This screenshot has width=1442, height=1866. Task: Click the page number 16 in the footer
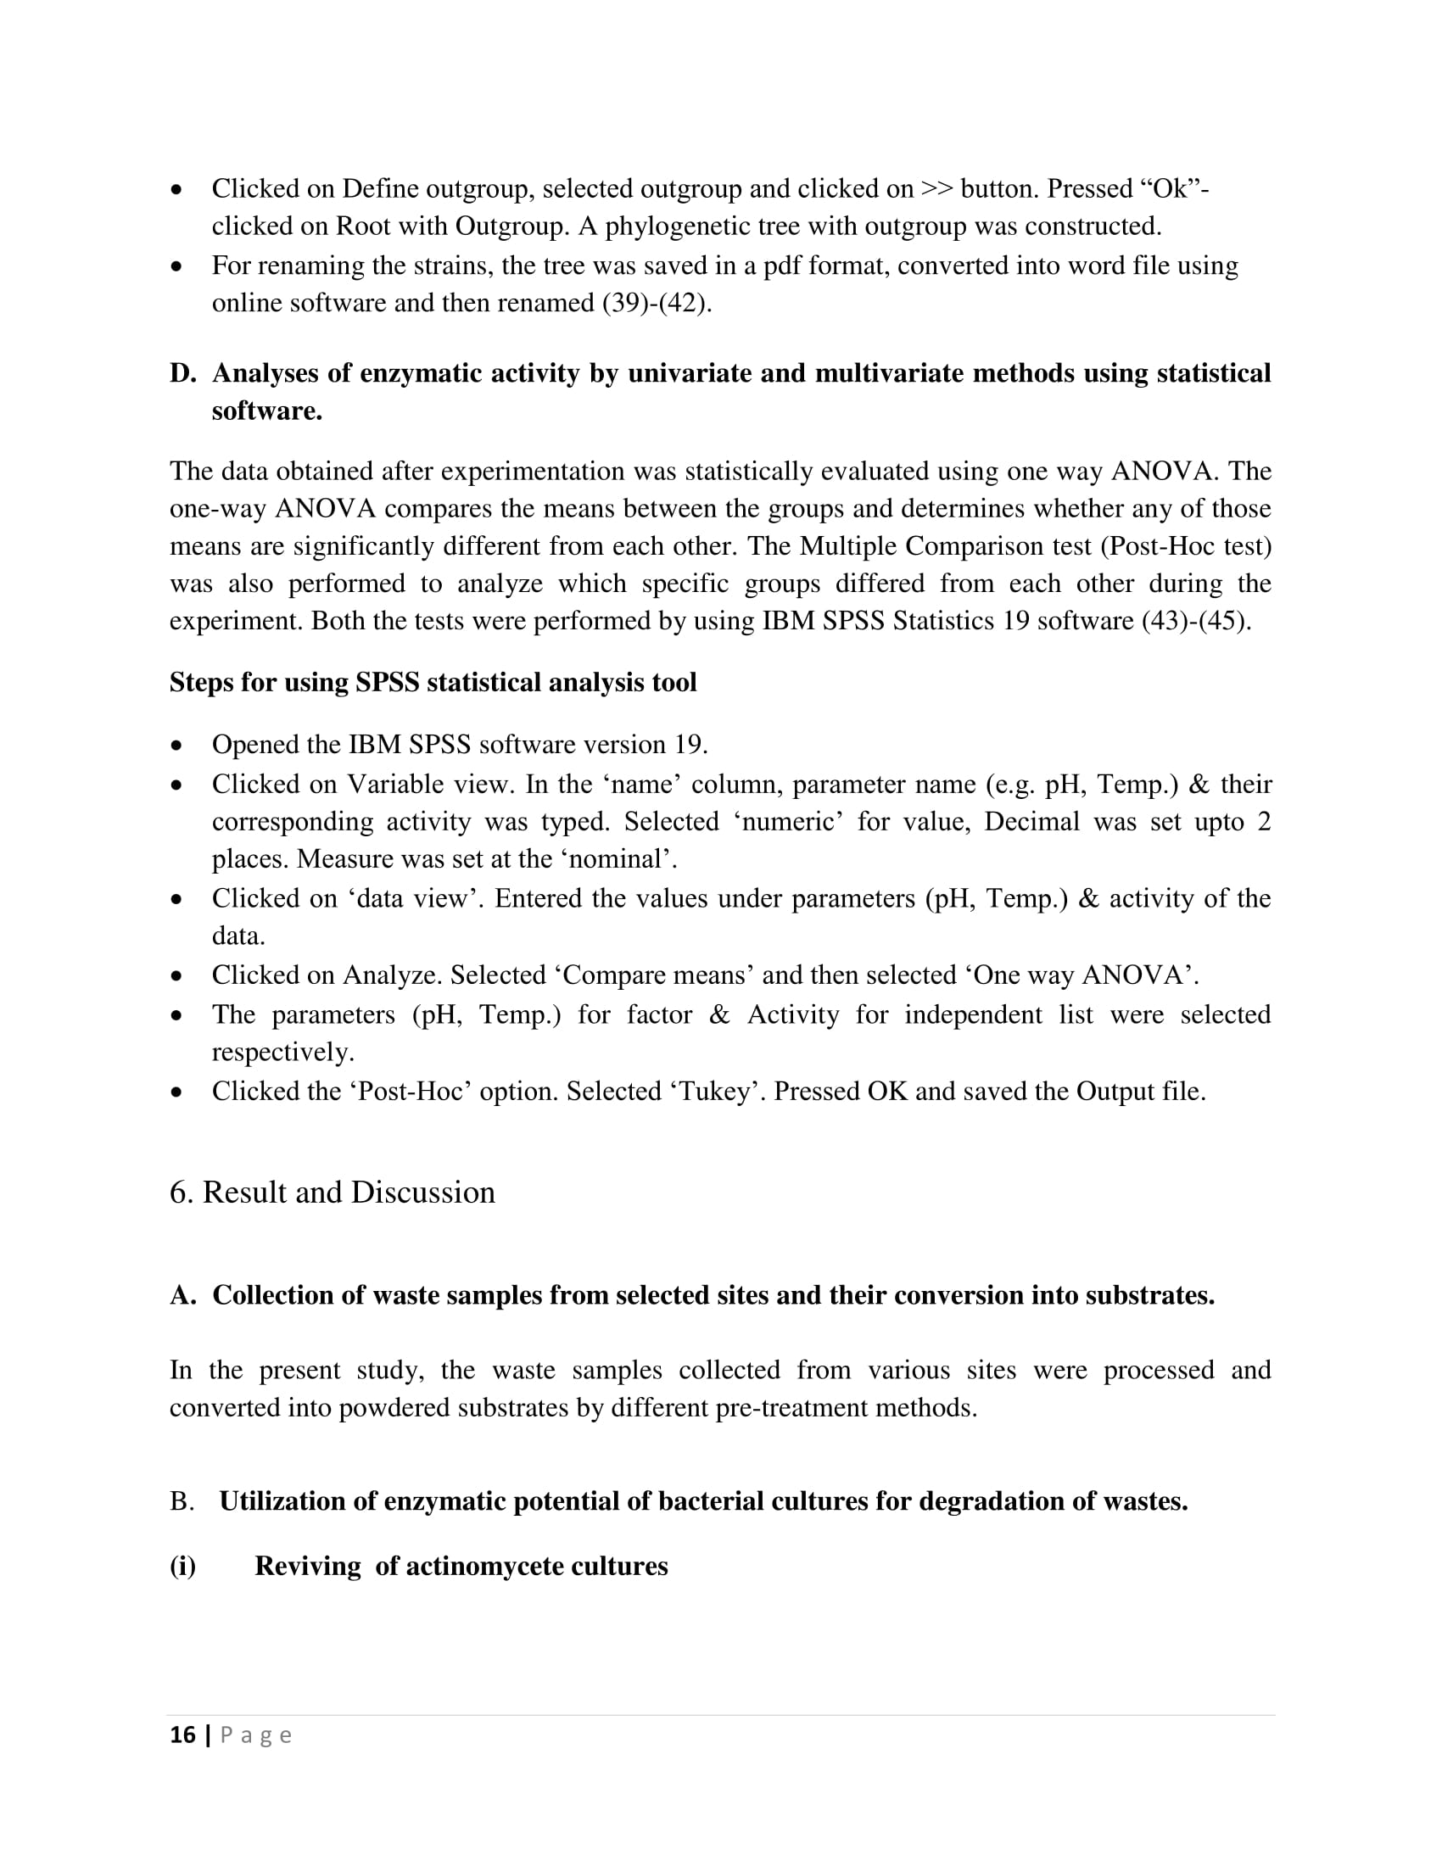click(x=182, y=1735)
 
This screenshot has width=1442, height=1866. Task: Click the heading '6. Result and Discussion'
click(x=333, y=1192)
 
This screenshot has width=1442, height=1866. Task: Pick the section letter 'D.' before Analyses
click(x=183, y=373)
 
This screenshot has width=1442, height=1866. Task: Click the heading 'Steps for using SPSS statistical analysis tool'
click(x=433, y=682)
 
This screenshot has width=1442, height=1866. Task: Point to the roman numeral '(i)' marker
click(x=183, y=1565)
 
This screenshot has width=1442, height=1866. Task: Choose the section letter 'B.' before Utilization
click(x=182, y=1500)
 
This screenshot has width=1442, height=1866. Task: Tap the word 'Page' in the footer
click(x=256, y=1735)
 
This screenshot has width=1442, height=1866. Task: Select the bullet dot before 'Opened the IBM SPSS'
click(x=176, y=746)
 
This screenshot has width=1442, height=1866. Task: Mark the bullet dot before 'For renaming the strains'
click(x=176, y=266)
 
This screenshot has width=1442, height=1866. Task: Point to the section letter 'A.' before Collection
click(x=183, y=1295)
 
